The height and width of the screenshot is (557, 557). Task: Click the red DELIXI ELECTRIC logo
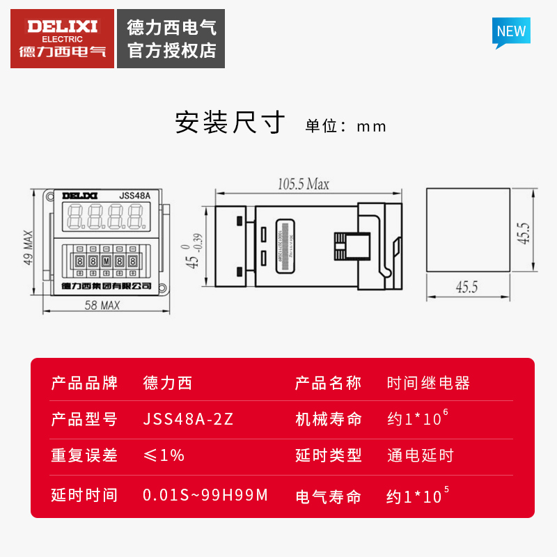(63, 38)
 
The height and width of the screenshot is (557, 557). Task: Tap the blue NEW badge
(511, 31)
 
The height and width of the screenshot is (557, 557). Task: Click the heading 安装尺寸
(230, 123)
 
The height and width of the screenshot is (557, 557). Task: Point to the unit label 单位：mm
(346, 126)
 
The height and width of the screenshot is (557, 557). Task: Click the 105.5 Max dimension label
(304, 185)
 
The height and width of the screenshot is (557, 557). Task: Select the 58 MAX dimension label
(102, 305)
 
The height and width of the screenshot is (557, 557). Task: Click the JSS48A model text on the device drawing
(134, 196)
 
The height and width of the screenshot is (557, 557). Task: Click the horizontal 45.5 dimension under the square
(466, 287)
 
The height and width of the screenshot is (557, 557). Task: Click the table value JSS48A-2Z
(188, 419)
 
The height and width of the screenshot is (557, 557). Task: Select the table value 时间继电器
(428, 383)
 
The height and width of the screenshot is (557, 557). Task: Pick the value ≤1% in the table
(164, 455)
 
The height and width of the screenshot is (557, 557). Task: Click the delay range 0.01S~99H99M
(205, 495)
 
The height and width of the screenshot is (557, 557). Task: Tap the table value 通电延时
(420, 455)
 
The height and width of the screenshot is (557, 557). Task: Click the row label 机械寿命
(329, 419)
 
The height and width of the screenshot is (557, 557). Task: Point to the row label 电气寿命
(329, 496)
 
